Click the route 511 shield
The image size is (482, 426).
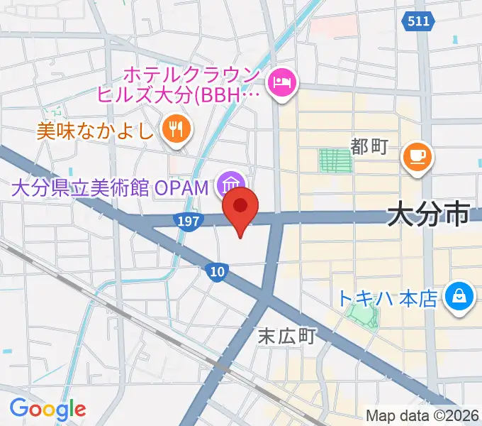419,22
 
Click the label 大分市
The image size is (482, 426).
430,213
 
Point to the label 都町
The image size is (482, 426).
369,147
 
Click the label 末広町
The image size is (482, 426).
286,334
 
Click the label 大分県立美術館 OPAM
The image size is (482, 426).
111,188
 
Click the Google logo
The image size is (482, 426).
47,409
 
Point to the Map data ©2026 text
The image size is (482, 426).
422,415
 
